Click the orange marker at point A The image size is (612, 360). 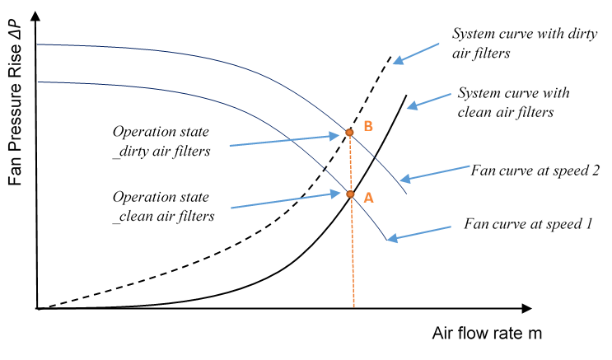point(349,195)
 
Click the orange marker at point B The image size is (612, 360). point(348,132)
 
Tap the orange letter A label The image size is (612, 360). point(368,198)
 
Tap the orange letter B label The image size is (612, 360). point(368,126)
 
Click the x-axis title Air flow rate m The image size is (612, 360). point(486,334)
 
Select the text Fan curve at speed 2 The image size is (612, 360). point(535,171)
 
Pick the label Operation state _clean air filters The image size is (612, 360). point(164,208)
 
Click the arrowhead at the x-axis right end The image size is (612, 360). point(526,309)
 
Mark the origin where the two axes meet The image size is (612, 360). point(37,309)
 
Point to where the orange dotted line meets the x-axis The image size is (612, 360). point(354,309)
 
